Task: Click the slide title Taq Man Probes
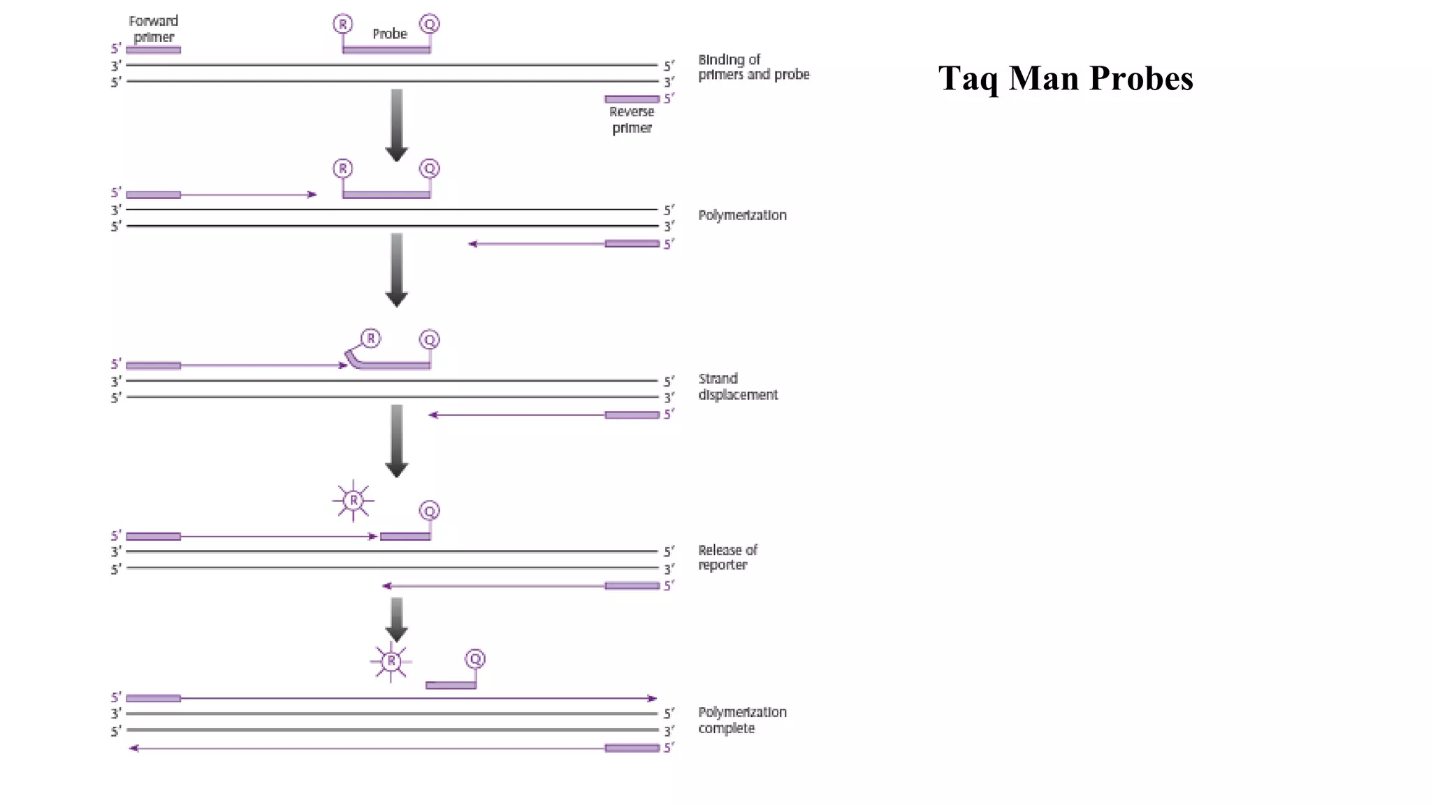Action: pyautogui.click(x=1065, y=78)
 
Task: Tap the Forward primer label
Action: pyautogui.click(x=154, y=29)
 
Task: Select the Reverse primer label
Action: pyautogui.click(x=632, y=119)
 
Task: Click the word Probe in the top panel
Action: pyautogui.click(x=389, y=34)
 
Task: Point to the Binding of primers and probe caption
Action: pyautogui.click(x=753, y=67)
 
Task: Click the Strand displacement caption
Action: pyautogui.click(x=738, y=386)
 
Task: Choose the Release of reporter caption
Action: pyautogui.click(x=727, y=558)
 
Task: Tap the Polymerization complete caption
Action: pyautogui.click(x=742, y=720)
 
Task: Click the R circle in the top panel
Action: pyautogui.click(x=342, y=24)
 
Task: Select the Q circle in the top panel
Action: pyautogui.click(x=430, y=24)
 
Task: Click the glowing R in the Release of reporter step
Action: pyautogui.click(x=354, y=500)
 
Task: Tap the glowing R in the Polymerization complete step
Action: pyautogui.click(x=391, y=661)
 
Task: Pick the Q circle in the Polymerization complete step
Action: pyautogui.click(x=475, y=659)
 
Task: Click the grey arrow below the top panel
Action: pyautogui.click(x=397, y=124)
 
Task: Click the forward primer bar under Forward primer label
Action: pyautogui.click(x=154, y=50)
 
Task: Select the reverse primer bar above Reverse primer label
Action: pyautogui.click(x=632, y=99)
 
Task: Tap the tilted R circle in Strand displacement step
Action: pyautogui.click(x=370, y=339)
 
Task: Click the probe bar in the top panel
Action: pyautogui.click(x=386, y=50)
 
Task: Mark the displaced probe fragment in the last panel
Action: pyautogui.click(x=451, y=686)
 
